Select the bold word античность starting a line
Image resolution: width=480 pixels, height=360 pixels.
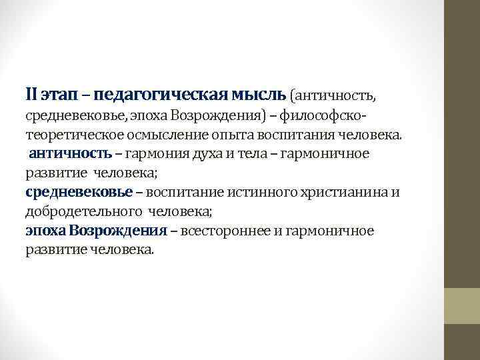click(70, 154)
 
